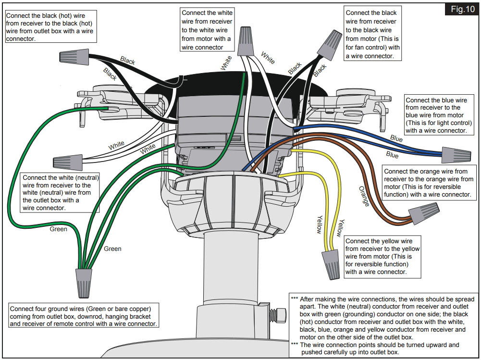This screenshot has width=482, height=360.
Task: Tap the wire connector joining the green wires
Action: [x=83, y=283]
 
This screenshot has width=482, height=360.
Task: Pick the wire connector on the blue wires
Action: [x=456, y=154]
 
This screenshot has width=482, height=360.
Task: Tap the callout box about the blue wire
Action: [x=436, y=115]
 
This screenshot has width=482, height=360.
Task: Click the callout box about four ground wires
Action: [x=84, y=316]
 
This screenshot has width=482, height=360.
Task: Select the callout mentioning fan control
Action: [x=372, y=34]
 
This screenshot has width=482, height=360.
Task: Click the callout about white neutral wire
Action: [x=60, y=192]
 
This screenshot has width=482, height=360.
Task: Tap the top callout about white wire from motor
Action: [x=207, y=30]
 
